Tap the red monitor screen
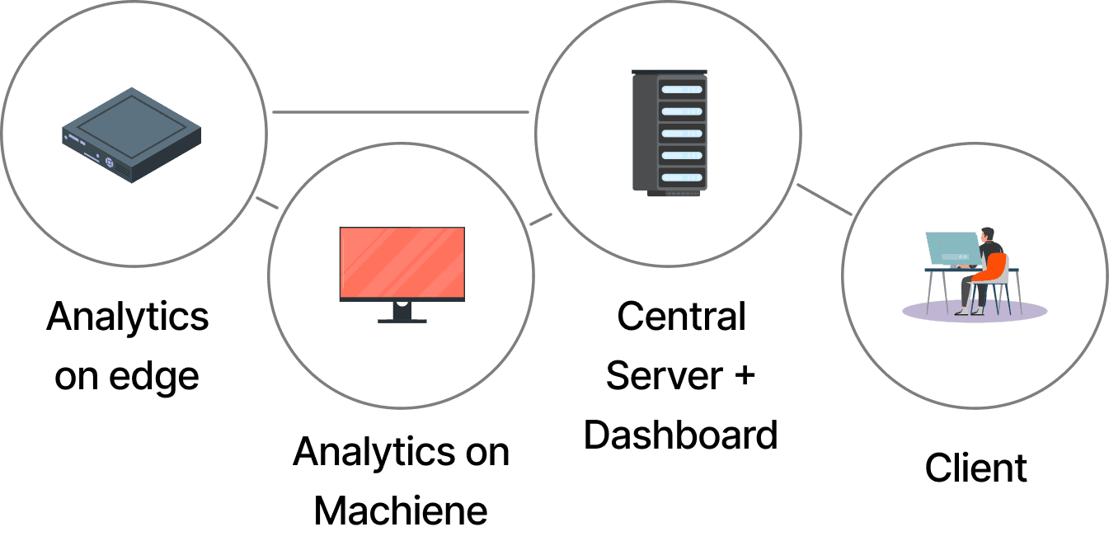[402, 263]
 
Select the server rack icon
[669, 132]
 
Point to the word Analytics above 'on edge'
[128, 317]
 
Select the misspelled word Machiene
[402, 510]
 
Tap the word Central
[681, 317]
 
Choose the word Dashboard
[681, 435]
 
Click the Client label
[975, 468]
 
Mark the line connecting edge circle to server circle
[401, 111]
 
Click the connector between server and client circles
[824, 200]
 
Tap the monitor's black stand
[402, 313]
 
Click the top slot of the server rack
[681, 89]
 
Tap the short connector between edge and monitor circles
[266, 203]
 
